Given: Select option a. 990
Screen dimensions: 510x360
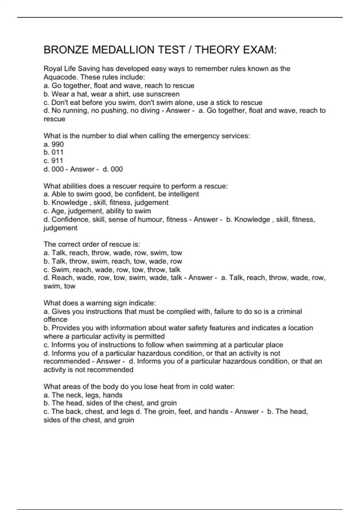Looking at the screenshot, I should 54,144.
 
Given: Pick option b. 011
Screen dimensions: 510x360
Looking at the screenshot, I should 54,152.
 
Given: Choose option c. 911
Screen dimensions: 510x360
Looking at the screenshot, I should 53,161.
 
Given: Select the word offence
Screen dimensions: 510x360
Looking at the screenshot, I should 55,319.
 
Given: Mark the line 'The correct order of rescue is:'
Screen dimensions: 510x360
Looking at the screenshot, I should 92,244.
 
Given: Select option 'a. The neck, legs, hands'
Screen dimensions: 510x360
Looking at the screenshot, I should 83,395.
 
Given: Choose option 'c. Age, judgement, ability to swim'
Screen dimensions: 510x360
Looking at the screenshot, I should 97,211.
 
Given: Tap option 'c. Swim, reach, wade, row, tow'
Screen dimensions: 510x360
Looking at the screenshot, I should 112,270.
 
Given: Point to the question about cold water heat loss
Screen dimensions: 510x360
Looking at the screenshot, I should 139,387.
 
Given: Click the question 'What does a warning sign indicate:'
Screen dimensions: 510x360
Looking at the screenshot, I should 100,303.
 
